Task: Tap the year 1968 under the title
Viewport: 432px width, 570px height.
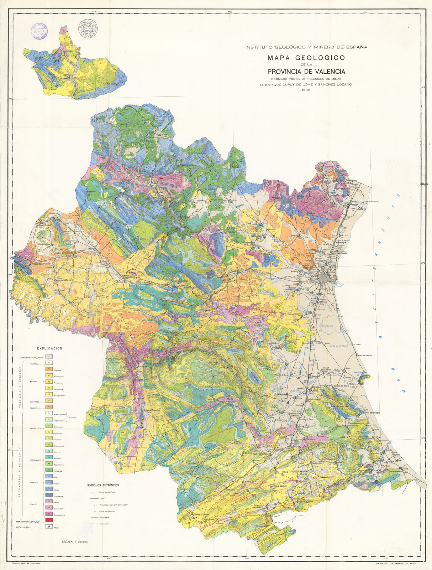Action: [x=306, y=90]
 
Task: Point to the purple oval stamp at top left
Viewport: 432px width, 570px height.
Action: [x=39, y=31]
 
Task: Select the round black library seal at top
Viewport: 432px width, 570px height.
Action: [x=88, y=29]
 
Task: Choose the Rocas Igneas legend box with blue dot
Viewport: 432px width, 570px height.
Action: [x=49, y=528]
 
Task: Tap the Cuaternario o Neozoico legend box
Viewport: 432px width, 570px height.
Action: [x=49, y=357]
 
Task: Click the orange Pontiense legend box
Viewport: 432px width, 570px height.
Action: [x=49, y=370]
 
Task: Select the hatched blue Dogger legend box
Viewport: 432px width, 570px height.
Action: [x=49, y=483]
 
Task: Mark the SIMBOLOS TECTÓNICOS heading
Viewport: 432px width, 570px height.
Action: [x=103, y=485]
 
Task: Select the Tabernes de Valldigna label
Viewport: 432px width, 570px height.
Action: [x=370, y=412]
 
